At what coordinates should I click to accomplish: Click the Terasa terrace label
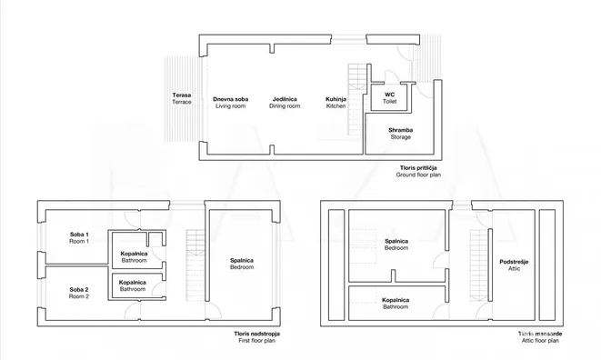(182, 98)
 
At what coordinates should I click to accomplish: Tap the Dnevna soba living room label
(230, 103)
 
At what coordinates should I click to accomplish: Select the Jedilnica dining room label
(285, 103)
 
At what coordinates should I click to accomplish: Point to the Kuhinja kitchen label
(336, 103)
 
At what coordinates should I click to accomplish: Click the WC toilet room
(390, 98)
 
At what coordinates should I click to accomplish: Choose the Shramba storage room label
(401, 134)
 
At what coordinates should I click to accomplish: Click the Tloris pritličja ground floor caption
(418, 172)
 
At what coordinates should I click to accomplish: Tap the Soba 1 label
(79, 237)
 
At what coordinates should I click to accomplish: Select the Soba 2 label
(79, 293)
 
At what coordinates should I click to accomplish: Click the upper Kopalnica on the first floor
(134, 257)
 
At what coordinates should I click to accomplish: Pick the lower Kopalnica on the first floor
(132, 285)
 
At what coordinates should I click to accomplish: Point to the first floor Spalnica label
(242, 264)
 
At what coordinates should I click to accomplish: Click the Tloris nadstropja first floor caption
(256, 337)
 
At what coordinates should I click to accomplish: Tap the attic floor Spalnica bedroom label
(396, 245)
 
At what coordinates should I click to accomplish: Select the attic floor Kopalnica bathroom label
(396, 304)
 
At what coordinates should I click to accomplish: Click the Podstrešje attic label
(514, 265)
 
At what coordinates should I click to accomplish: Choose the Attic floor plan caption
(540, 340)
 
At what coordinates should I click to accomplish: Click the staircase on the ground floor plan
(356, 100)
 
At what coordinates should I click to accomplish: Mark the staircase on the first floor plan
(195, 265)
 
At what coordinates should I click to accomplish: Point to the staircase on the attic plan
(479, 265)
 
